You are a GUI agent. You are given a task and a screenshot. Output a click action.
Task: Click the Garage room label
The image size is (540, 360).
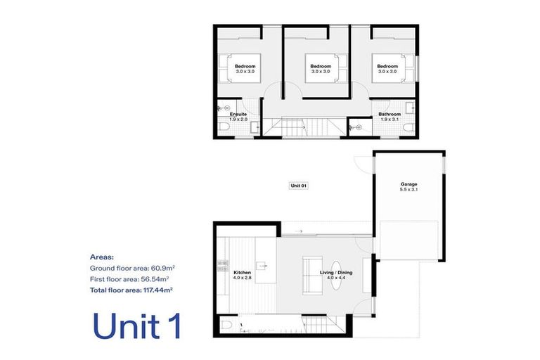409,184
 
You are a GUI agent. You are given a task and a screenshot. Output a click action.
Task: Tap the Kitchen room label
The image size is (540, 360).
242,273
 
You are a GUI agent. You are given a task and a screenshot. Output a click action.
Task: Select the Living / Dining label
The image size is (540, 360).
336,273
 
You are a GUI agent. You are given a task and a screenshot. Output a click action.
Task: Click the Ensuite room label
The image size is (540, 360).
238,114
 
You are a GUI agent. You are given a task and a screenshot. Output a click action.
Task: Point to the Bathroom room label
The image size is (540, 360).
390,114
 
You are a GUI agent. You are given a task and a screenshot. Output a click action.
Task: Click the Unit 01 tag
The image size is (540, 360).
299,186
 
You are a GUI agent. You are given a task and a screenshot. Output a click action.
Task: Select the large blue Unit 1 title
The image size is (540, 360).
136,326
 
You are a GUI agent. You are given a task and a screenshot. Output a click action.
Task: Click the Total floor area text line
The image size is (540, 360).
131,290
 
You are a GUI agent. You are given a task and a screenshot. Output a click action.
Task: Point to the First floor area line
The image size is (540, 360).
129,279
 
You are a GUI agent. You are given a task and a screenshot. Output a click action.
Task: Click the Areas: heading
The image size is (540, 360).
101,257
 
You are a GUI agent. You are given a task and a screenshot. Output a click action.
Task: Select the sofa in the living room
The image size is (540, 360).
312,275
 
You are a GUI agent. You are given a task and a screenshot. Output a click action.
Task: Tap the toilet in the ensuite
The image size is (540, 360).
224,126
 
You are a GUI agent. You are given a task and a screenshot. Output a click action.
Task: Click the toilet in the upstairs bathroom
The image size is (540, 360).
409,128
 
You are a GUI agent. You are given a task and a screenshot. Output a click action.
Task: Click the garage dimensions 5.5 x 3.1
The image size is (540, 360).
409,189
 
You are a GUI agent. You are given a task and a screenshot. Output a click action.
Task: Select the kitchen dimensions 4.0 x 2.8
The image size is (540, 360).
242,277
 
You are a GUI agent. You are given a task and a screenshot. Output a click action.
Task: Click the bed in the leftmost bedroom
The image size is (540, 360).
240,68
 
